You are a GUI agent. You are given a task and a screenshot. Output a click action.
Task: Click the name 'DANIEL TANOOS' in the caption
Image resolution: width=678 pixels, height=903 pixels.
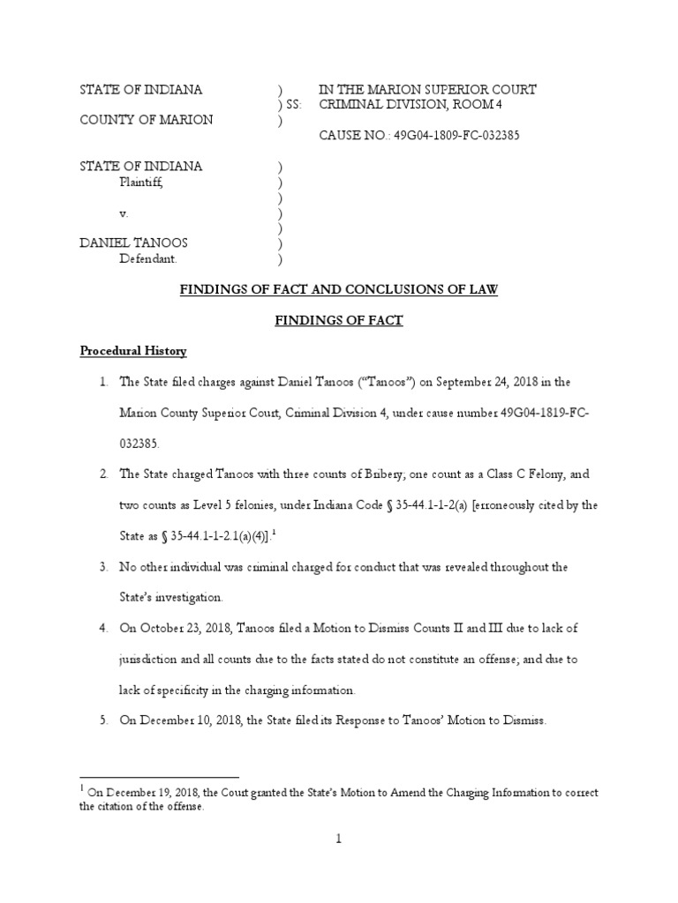tap(133, 243)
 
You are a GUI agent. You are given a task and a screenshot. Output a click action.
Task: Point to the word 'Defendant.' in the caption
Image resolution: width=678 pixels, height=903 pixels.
tap(148, 259)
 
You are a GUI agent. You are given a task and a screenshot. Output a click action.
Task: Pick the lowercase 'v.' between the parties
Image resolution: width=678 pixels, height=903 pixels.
tap(124, 213)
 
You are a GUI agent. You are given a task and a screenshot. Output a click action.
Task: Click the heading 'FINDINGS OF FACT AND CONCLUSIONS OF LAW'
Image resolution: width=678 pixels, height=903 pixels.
tap(339, 290)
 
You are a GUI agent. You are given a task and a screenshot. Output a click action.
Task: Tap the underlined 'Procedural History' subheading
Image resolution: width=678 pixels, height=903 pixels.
tap(133, 351)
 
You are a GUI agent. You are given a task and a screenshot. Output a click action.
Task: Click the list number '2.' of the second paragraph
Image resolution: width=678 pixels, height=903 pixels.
tap(103, 474)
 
